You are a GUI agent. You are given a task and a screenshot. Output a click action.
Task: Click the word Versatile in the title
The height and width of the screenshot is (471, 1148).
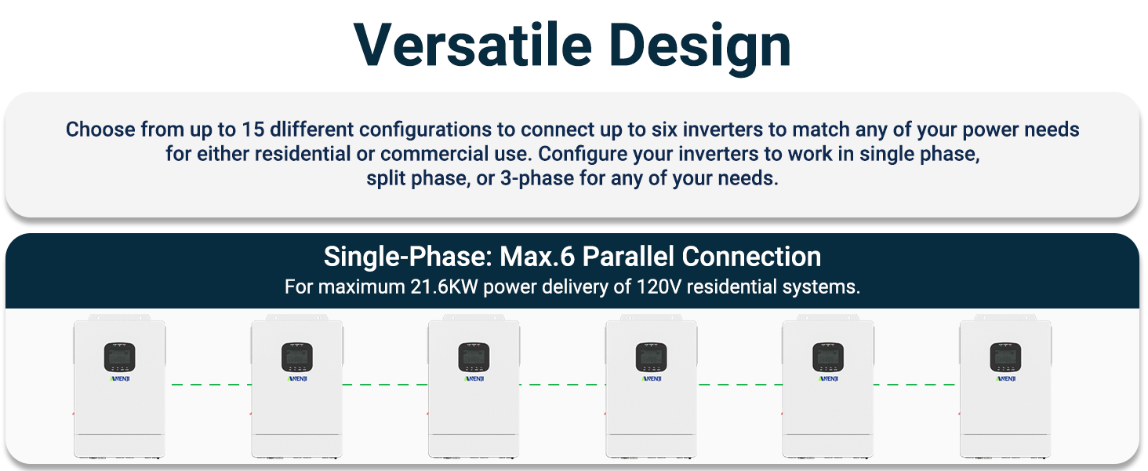tap(473, 45)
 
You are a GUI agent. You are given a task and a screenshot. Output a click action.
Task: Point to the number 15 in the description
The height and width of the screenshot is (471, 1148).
tap(252, 130)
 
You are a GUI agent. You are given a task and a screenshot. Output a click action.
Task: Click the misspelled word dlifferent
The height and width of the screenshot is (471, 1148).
tap(311, 130)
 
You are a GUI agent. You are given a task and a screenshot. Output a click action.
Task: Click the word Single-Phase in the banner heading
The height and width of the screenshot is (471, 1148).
tap(408, 257)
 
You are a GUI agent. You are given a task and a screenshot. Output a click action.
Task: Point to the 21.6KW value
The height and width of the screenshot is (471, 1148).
tap(444, 287)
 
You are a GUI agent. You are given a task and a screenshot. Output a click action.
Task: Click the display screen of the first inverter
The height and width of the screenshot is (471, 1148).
tap(120, 357)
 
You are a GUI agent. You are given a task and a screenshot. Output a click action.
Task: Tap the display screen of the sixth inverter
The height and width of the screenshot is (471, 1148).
tap(1005, 357)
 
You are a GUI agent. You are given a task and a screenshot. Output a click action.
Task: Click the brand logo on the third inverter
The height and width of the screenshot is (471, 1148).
tap(474, 378)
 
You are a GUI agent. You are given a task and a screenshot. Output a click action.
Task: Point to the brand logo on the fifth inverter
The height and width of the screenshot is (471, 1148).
tap(828, 378)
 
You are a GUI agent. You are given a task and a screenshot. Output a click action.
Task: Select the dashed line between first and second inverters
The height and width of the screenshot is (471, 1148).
tap(211, 385)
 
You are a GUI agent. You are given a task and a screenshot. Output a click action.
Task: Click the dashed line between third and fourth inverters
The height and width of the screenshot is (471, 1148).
tap(562, 385)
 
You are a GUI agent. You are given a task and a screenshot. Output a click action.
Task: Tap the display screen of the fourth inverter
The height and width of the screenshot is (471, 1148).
tap(652, 357)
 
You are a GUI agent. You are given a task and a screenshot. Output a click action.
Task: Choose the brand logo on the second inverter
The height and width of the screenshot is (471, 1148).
tap(297, 378)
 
